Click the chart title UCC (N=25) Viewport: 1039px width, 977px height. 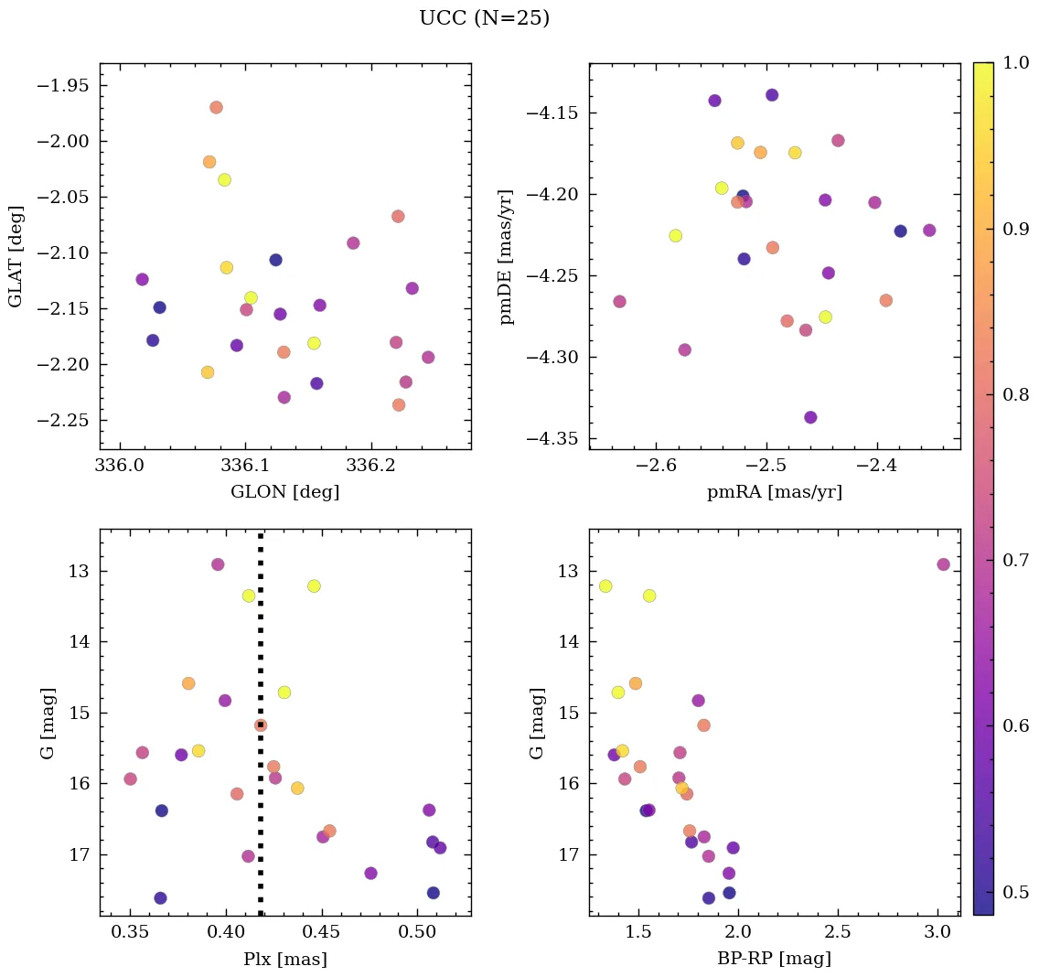point(484,18)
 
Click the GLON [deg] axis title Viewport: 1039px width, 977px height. point(285,492)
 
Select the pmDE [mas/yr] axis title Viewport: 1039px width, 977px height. point(507,257)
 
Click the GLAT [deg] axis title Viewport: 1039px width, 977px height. point(16,257)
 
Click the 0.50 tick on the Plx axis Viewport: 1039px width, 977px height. point(418,932)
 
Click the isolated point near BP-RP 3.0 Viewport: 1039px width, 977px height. point(944,564)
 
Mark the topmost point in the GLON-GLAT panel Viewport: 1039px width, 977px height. point(216,107)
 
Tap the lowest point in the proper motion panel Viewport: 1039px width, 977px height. point(810,417)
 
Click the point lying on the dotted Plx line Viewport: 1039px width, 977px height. point(261,725)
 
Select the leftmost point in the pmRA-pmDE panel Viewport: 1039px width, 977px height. point(619,301)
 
